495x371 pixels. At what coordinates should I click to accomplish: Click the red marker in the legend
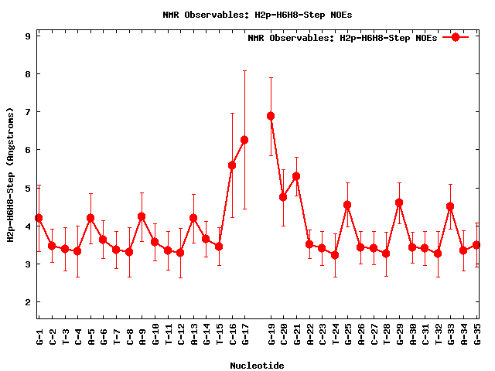click(456, 37)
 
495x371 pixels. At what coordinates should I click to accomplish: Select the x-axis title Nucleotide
click(257, 365)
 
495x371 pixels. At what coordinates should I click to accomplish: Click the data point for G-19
click(271, 116)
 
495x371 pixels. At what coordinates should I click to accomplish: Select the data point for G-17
click(244, 140)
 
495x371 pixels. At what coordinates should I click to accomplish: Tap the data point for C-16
click(232, 165)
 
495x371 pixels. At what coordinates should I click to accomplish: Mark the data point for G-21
click(296, 176)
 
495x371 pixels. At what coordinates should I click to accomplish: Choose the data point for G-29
click(399, 203)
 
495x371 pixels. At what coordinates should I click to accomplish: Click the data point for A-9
click(142, 216)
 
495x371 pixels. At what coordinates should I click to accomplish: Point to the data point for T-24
click(335, 255)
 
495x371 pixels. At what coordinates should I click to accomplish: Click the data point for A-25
click(347, 205)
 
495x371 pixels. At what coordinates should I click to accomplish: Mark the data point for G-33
click(450, 206)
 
